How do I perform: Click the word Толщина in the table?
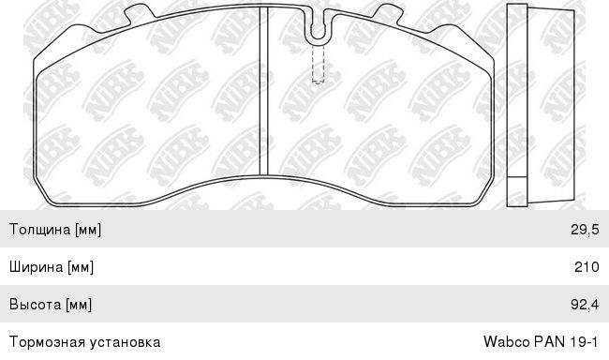(x=40, y=229)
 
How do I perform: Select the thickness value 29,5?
(x=585, y=230)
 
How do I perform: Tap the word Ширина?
(x=37, y=266)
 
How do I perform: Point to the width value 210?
(x=587, y=266)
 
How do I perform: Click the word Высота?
(x=36, y=304)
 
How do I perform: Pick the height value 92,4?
(x=585, y=305)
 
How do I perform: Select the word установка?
(x=125, y=342)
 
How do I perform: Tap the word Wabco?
(x=507, y=342)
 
